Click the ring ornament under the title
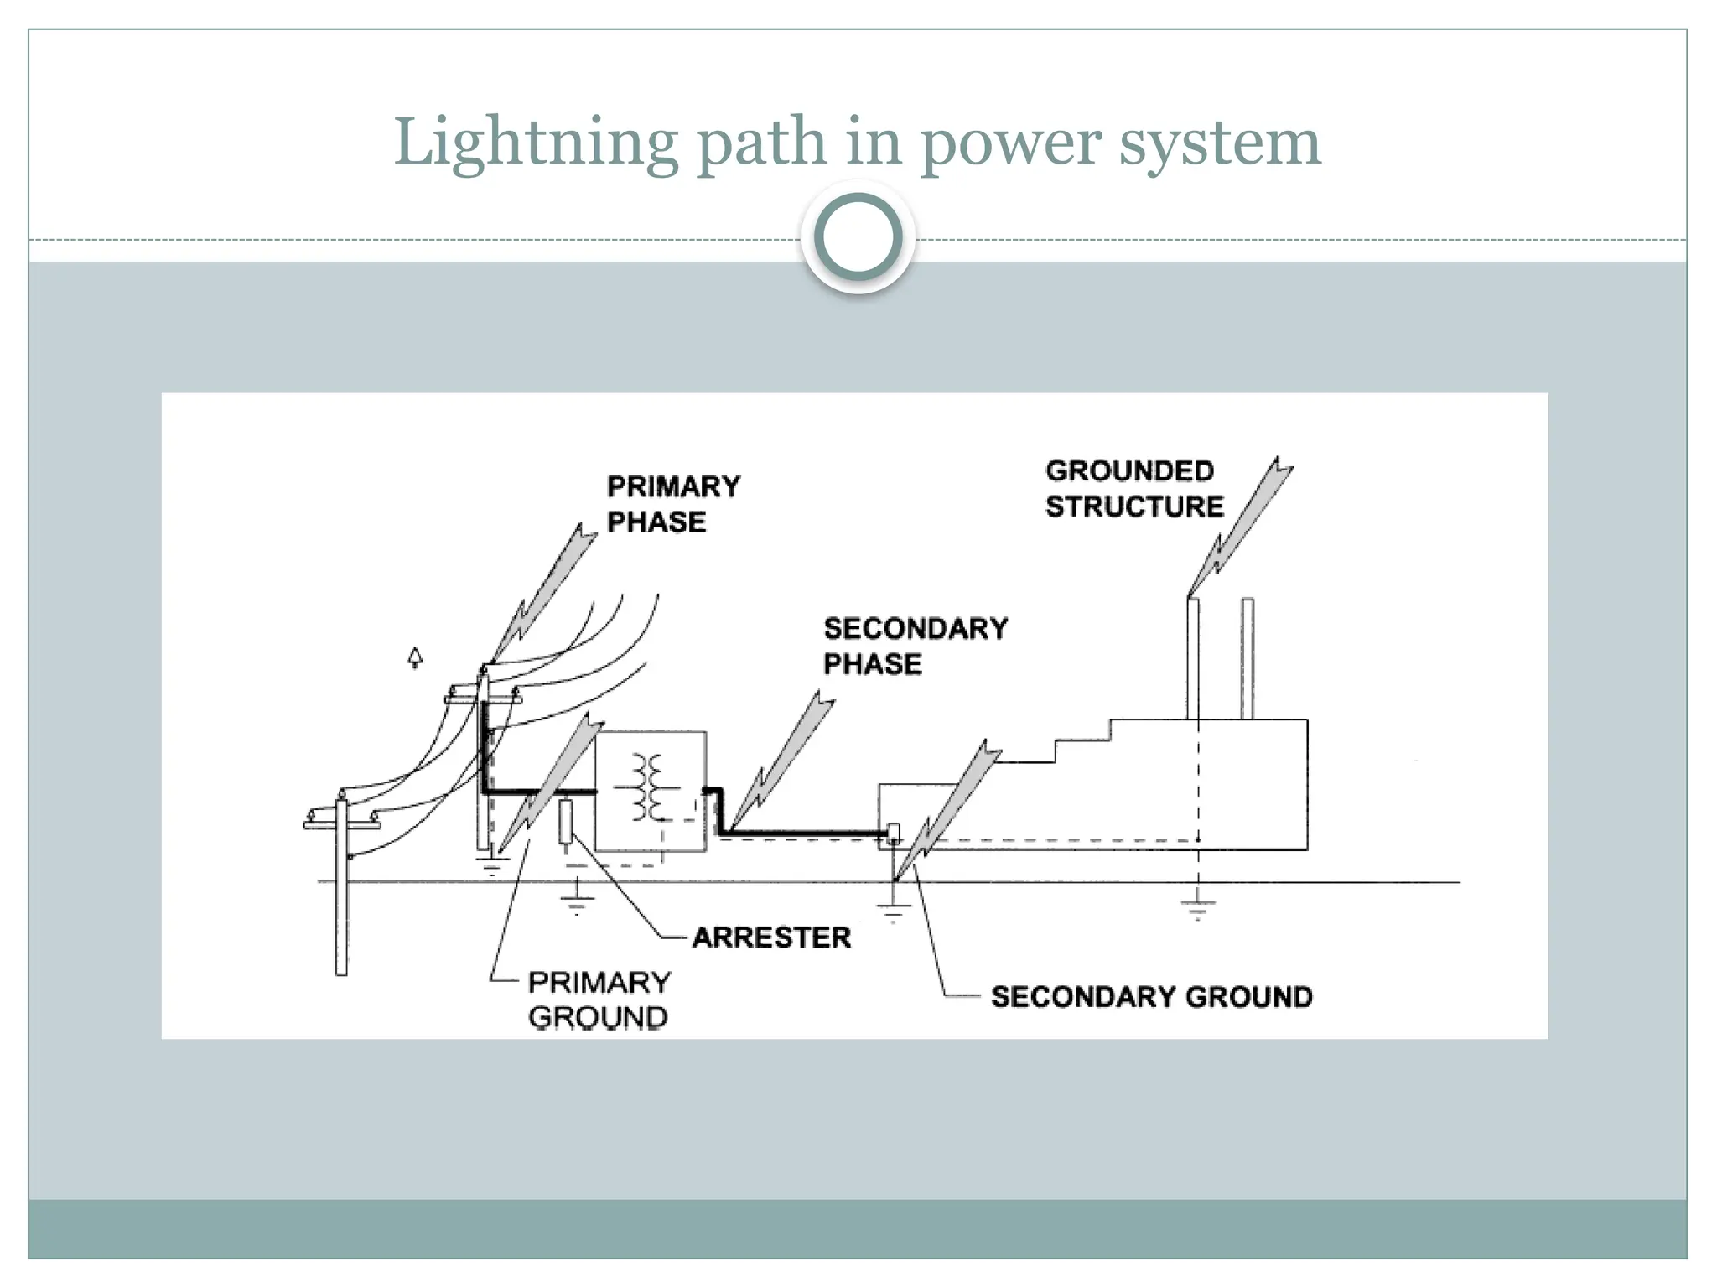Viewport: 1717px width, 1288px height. click(858, 237)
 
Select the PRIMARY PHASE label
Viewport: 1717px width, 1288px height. click(672, 504)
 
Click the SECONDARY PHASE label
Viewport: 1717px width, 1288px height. click(914, 646)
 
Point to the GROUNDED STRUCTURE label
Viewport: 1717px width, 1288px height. click(1133, 489)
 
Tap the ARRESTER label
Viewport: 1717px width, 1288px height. click(771, 937)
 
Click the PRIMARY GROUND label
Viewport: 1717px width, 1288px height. click(599, 999)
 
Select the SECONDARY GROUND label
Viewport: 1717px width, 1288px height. click(1151, 996)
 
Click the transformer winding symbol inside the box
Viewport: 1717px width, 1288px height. click(647, 787)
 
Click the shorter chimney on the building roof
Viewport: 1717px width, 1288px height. click(1248, 658)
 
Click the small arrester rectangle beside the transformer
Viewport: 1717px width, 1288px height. click(566, 821)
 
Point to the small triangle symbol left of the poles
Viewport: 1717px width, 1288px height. click(415, 657)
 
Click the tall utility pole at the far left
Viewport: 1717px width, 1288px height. click(341, 889)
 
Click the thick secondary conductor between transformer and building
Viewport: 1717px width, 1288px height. click(805, 834)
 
